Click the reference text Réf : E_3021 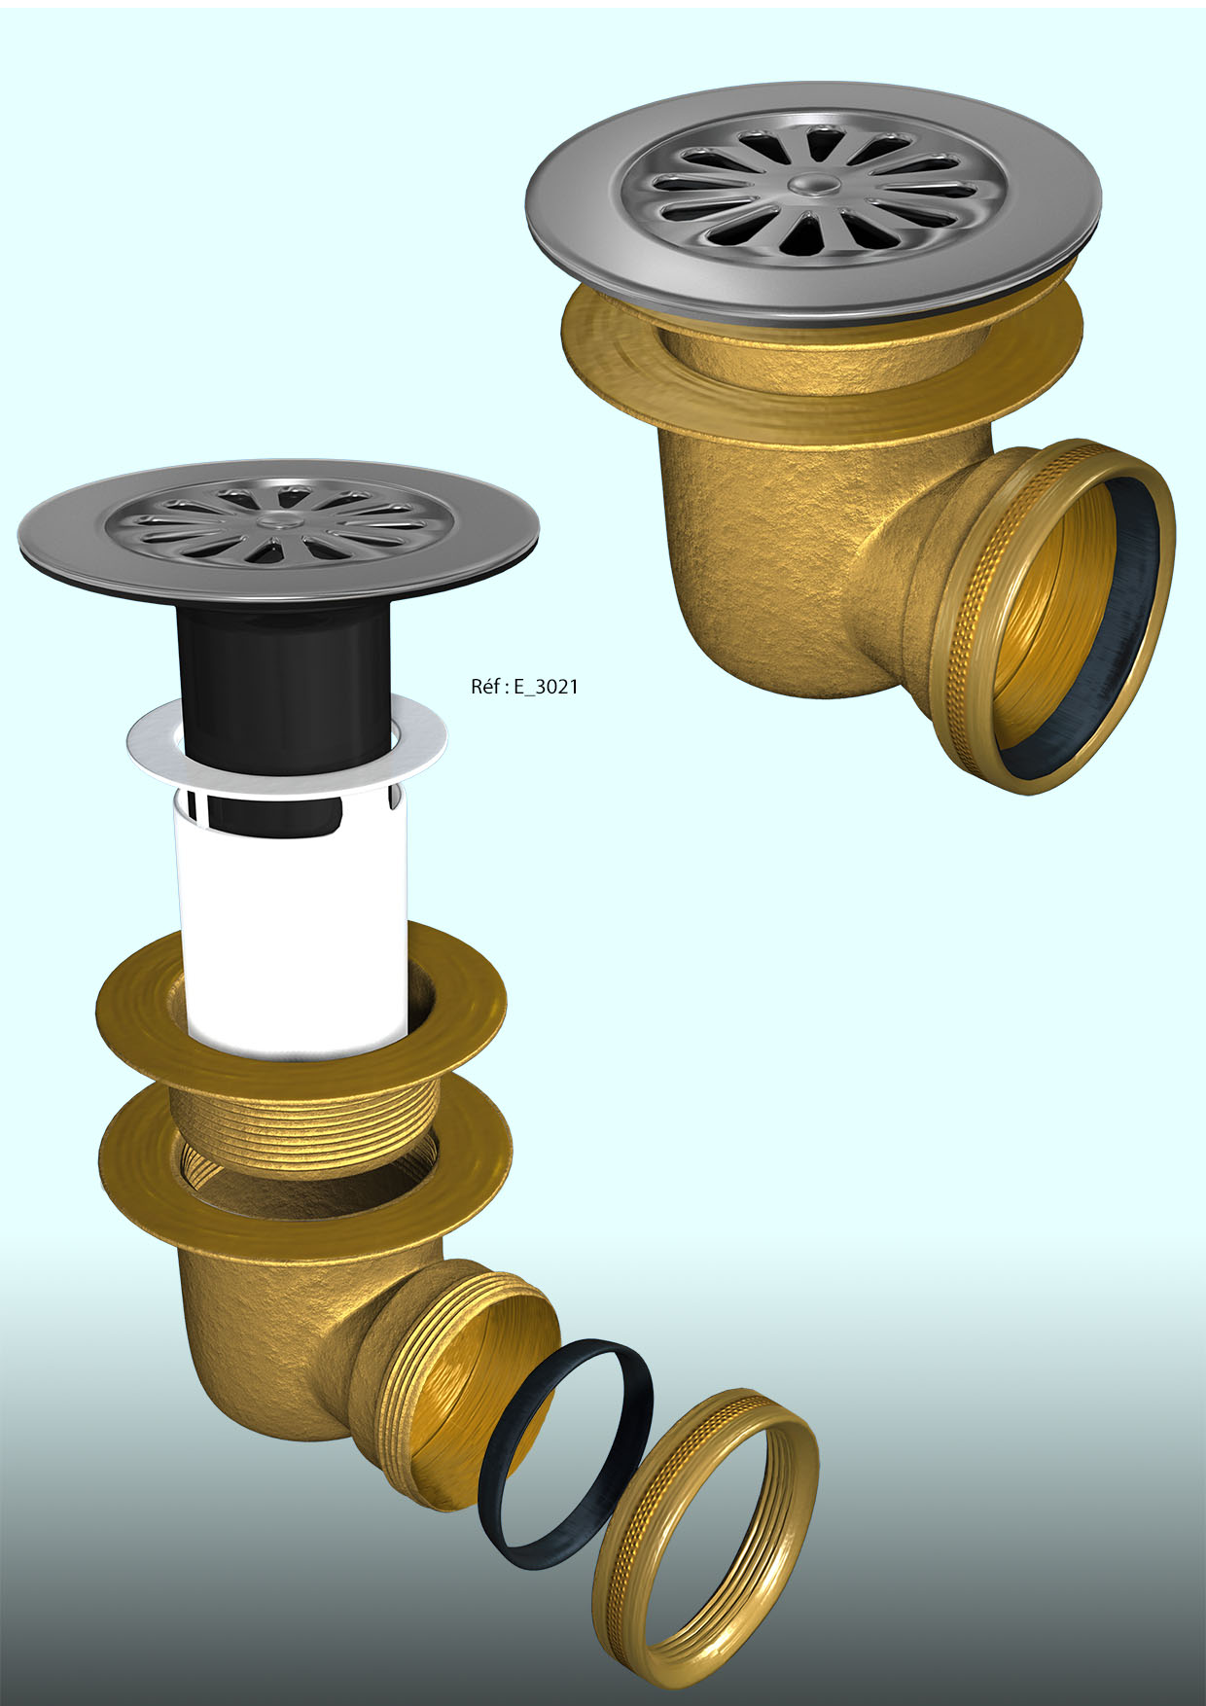pyautogui.click(x=524, y=687)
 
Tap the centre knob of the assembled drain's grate pyautogui.click(x=808, y=184)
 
